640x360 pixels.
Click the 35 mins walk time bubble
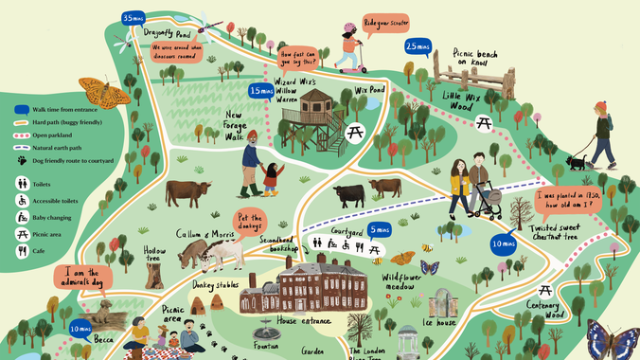(x=133, y=18)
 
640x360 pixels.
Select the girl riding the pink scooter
(x=349, y=50)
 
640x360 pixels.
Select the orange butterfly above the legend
(x=104, y=90)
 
